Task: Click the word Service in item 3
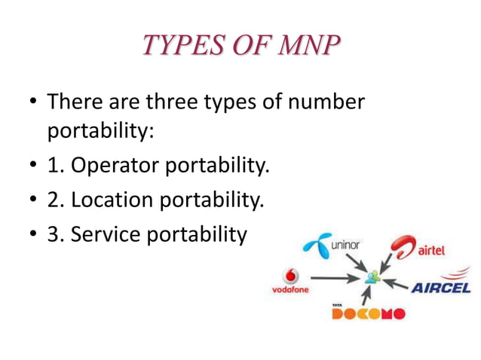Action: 106,235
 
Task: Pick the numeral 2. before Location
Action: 57,200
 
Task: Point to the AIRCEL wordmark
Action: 441,288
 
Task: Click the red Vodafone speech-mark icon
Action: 290,276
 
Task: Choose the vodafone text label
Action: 290,290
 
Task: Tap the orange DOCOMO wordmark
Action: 368,313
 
